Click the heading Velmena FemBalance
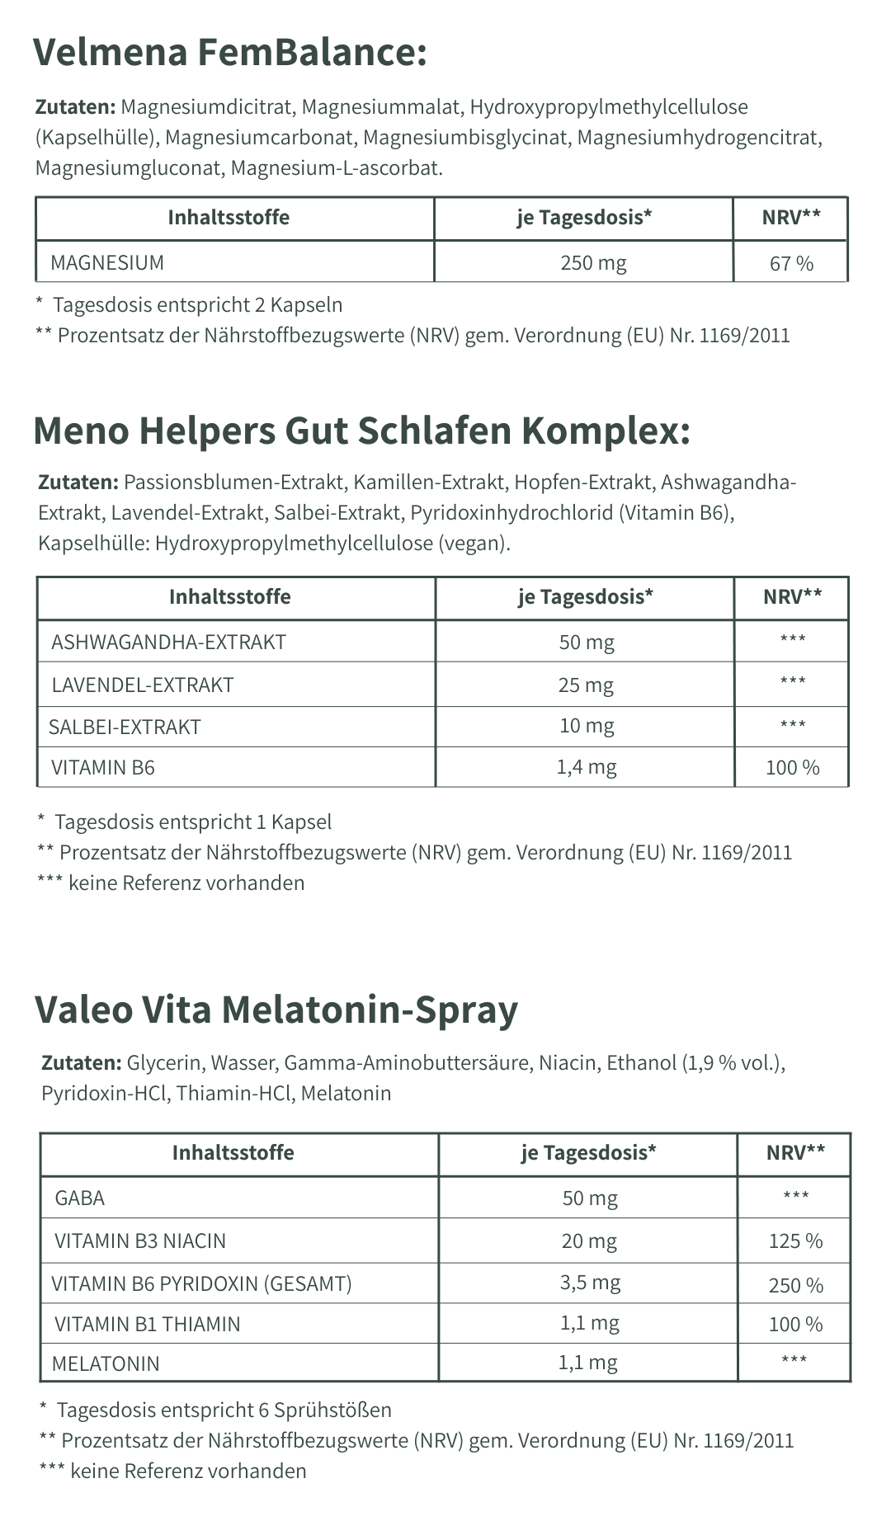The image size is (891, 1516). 230,53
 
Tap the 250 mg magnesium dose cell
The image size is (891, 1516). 593,263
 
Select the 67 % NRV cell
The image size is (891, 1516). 791,264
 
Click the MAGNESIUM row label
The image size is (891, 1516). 107,263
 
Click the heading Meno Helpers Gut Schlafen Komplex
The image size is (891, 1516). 361,430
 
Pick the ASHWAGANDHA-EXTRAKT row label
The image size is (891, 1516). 168,642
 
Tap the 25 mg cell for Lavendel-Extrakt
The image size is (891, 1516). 586,685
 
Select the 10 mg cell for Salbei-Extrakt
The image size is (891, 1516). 586,727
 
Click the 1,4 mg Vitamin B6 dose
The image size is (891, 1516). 586,768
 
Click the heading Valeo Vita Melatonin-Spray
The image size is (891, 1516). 276,1009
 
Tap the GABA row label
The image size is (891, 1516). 80,1198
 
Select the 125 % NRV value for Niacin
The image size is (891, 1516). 795,1241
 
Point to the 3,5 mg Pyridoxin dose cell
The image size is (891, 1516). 590,1283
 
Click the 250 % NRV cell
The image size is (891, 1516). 795,1286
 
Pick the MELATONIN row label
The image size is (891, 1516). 106,1363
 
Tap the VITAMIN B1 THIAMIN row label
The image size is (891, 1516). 148,1325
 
